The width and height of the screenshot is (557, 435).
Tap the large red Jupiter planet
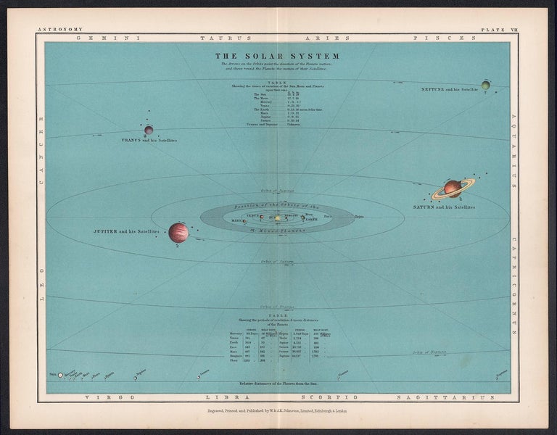pos(178,233)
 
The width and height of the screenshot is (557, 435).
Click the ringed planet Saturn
pos(453,188)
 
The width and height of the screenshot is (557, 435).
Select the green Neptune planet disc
pos(485,85)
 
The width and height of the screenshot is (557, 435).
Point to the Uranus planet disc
pos(149,130)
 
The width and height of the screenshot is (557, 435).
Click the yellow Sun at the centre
pos(276,217)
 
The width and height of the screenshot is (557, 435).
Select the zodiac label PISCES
pos(429,37)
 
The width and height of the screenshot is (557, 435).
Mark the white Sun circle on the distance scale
pos(60,375)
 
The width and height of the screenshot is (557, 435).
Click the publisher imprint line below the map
pos(278,410)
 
